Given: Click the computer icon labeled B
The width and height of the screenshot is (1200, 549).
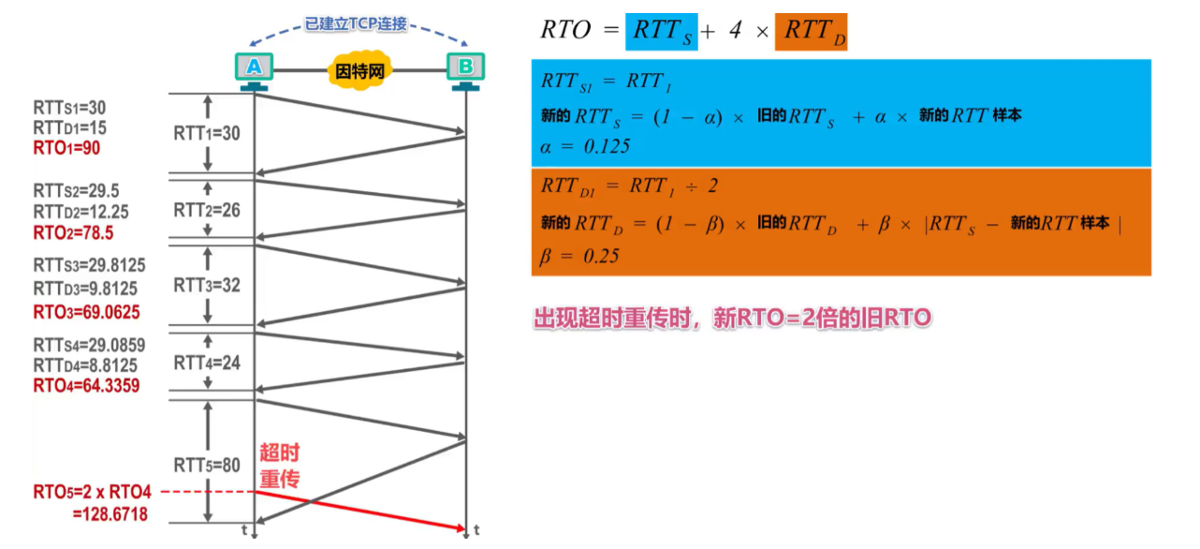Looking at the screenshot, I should pyautogui.click(x=464, y=68).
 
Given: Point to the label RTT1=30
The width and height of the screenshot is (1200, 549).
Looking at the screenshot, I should pyautogui.click(x=207, y=134).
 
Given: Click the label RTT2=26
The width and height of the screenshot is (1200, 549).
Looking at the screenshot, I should pyautogui.click(x=207, y=210).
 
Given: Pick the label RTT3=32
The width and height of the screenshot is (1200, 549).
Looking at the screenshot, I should pyautogui.click(x=207, y=285).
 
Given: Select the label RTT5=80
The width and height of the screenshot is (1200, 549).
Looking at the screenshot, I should pyautogui.click(x=207, y=465).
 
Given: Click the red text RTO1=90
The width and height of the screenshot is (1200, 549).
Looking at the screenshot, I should pyautogui.click(x=66, y=148).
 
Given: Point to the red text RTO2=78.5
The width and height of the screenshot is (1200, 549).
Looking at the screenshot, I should pyautogui.click(x=73, y=232).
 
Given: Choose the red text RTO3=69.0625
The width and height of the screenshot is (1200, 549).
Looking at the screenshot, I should pyautogui.click(x=86, y=311).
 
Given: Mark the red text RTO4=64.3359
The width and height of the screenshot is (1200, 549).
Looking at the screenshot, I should pyautogui.click(x=86, y=385).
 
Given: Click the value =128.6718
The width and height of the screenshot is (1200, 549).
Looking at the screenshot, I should pyautogui.click(x=110, y=514).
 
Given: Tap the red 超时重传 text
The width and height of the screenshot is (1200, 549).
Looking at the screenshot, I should pyautogui.click(x=279, y=466).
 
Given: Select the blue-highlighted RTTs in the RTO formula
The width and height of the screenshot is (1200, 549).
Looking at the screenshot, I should pyautogui.click(x=662, y=31).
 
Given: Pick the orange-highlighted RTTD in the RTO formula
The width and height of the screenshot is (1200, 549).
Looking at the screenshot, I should pyautogui.click(x=811, y=31).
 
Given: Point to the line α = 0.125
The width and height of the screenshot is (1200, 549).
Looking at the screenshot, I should pyautogui.click(x=585, y=147).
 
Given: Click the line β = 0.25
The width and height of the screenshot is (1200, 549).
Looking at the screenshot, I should pyautogui.click(x=579, y=256).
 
